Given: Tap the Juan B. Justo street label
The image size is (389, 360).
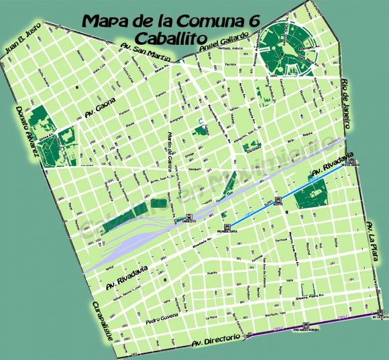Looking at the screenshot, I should pos(23,41).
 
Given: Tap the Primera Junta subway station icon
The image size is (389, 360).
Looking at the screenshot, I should pos(228,227).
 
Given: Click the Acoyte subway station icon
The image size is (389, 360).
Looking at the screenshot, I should pos(276,200).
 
